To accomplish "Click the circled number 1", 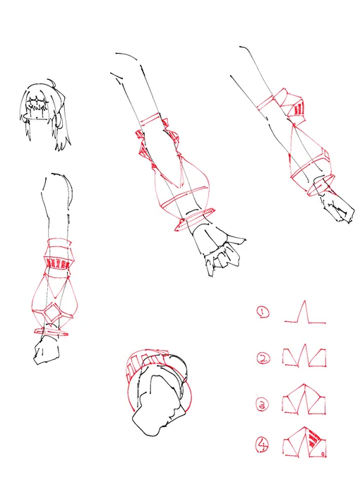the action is click(263, 312).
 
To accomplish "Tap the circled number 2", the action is click(263, 358).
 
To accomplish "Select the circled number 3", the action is click(263, 404).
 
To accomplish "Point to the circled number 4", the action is click(263, 445).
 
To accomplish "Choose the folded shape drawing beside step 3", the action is click(304, 400).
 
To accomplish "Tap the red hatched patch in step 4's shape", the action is click(313, 439).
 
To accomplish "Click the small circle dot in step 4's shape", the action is click(323, 453).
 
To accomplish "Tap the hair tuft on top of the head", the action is click(53, 83).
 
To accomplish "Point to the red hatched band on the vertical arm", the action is click(57, 263).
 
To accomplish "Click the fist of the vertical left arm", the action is click(47, 350).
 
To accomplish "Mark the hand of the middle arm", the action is click(218, 249).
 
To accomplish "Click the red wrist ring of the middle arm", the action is click(195, 220).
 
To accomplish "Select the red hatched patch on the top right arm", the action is click(298, 109).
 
